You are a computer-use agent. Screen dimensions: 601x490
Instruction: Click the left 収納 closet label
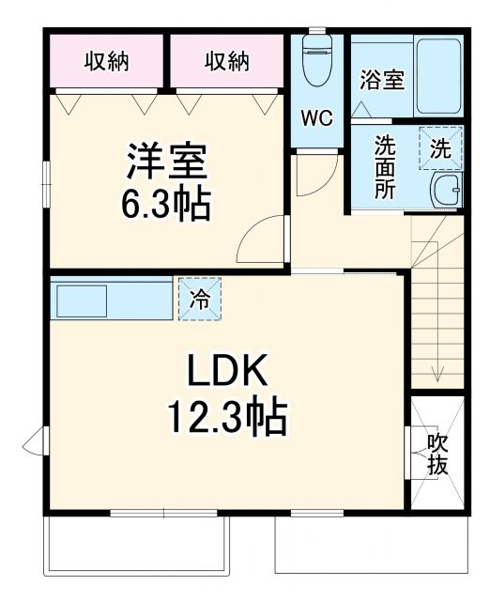(106, 62)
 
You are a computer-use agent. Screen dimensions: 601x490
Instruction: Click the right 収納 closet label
(226, 62)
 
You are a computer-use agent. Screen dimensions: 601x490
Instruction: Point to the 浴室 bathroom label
(382, 80)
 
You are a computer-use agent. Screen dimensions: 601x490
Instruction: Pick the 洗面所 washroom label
(385, 166)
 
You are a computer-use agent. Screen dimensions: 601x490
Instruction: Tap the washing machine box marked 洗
(440, 147)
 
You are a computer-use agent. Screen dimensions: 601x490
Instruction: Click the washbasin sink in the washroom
(446, 190)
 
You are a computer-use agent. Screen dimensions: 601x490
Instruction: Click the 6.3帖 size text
(166, 202)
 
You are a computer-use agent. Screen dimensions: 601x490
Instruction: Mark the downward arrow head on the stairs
(437, 375)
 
